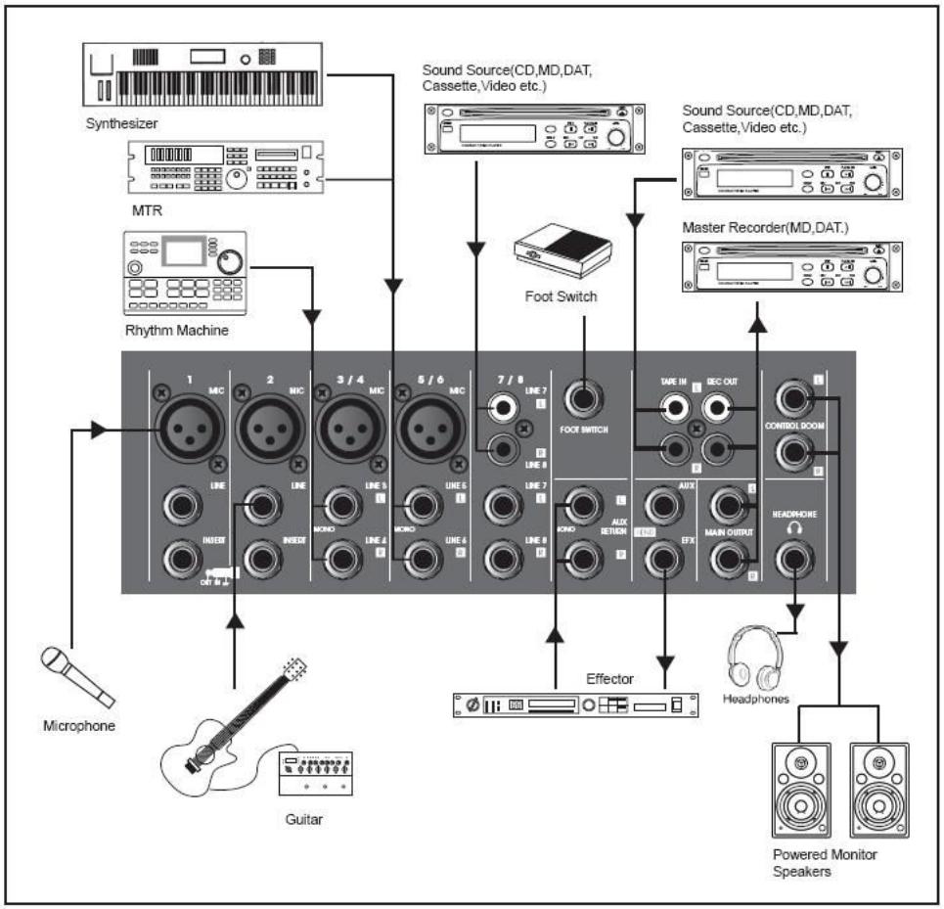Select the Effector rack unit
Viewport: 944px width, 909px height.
(577, 704)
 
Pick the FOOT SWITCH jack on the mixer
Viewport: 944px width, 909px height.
(587, 400)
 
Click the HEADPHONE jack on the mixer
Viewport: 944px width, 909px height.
(796, 561)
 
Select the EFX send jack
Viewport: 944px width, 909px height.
(664, 561)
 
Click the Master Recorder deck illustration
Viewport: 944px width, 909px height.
(791, 270)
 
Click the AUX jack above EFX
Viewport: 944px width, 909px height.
(664, 506)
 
